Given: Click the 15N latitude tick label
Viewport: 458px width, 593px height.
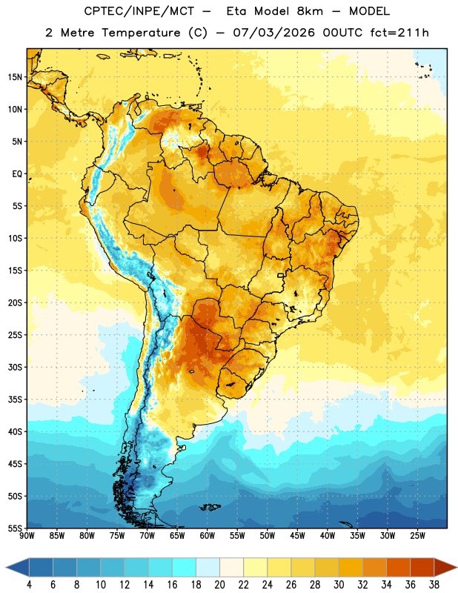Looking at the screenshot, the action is [15, 77].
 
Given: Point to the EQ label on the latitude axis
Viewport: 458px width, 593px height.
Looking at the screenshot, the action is [17, 174].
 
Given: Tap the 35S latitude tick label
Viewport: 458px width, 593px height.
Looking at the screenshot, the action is [15, 400].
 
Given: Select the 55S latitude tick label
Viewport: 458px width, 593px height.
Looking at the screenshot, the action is [15, 529].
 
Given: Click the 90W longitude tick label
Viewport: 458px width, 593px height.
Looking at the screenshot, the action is [27, 536].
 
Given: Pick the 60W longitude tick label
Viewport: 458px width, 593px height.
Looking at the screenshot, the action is [208, 536].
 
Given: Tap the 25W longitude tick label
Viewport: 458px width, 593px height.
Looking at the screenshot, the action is [417, 536].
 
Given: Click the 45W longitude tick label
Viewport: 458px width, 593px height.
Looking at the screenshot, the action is [297, 536].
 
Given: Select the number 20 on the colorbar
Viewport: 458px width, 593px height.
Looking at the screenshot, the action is [219, 585].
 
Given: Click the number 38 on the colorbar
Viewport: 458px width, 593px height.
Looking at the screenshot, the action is [434, 585].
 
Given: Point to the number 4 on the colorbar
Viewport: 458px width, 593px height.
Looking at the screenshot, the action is [29, 585].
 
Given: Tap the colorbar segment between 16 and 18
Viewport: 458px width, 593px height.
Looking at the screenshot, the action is [185, 567].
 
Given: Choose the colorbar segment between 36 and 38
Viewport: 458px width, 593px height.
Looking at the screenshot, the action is [422, 567].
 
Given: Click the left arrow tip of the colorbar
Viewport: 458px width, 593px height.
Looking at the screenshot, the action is [6, 567].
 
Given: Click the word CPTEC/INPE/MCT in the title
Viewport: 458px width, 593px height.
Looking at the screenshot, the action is [139, 11].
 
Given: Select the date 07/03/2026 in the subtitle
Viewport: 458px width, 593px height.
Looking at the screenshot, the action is [273, 33].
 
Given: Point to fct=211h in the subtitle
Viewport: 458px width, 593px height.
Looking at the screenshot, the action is [399, 33].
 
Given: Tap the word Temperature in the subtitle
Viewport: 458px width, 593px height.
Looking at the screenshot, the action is [141, 33].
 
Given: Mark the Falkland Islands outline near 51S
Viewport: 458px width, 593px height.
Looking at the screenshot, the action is [210, 507].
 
